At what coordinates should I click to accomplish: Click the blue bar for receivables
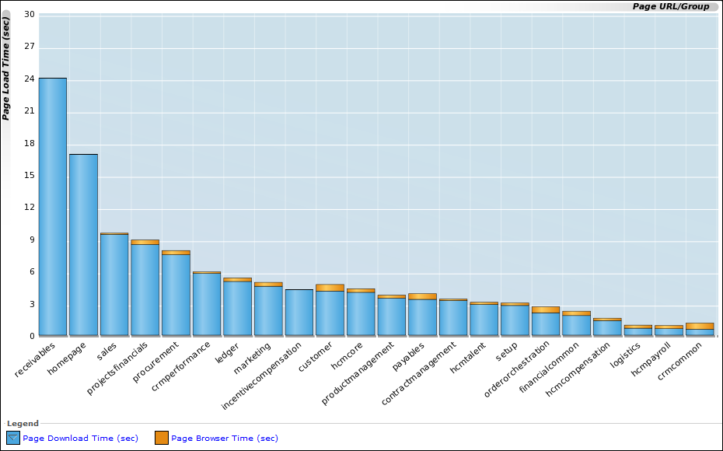click(52, 206)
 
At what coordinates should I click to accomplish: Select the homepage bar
click(83, 244)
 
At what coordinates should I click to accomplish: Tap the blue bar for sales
click(114, 285)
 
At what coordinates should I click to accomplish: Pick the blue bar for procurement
click(176, 295)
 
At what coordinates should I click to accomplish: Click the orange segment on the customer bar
click(330, 288)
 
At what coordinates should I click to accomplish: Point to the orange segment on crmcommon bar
click(700, 326)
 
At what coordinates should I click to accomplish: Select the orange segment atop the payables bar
click(422, 296)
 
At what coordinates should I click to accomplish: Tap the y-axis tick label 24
click(29, 79)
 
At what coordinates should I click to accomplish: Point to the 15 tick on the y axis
click(29, 175)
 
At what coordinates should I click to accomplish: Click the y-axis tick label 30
click(29, 14)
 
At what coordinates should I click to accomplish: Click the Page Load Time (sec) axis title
click(6, 68)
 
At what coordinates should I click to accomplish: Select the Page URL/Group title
click(670, 6)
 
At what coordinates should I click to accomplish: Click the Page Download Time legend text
click(80, 439)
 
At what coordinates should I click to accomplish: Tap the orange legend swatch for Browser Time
click(162, 438)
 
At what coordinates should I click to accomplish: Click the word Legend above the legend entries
click(23, 424)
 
